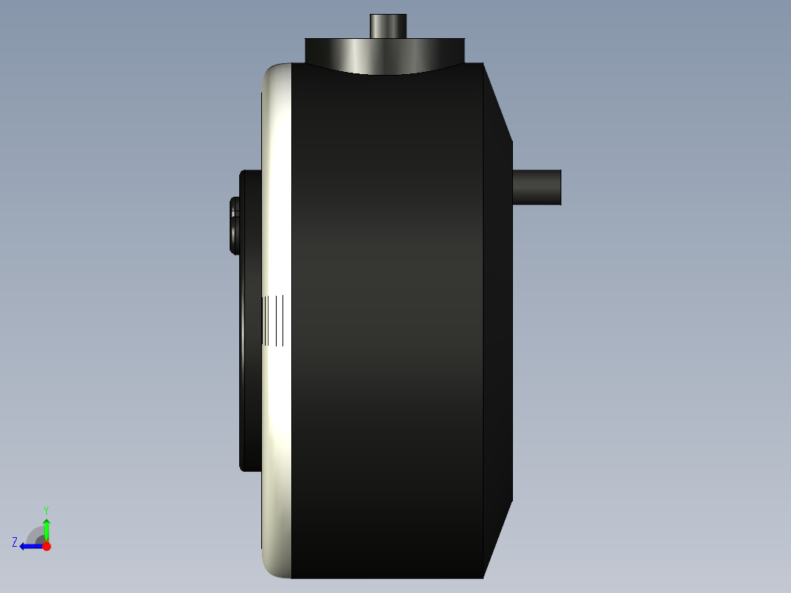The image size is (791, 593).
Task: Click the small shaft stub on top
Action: (x=387, y=26)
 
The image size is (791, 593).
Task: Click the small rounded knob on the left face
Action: (x=234, y=225)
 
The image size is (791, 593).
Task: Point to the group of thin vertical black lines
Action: (x=274, y=321)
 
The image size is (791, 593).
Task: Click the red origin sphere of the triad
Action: (x=46, y=546)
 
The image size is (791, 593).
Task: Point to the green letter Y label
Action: (x=45, y=510)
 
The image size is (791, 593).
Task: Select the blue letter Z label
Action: (x=15, y=542)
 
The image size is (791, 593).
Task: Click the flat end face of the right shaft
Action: (x=561, y=187)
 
